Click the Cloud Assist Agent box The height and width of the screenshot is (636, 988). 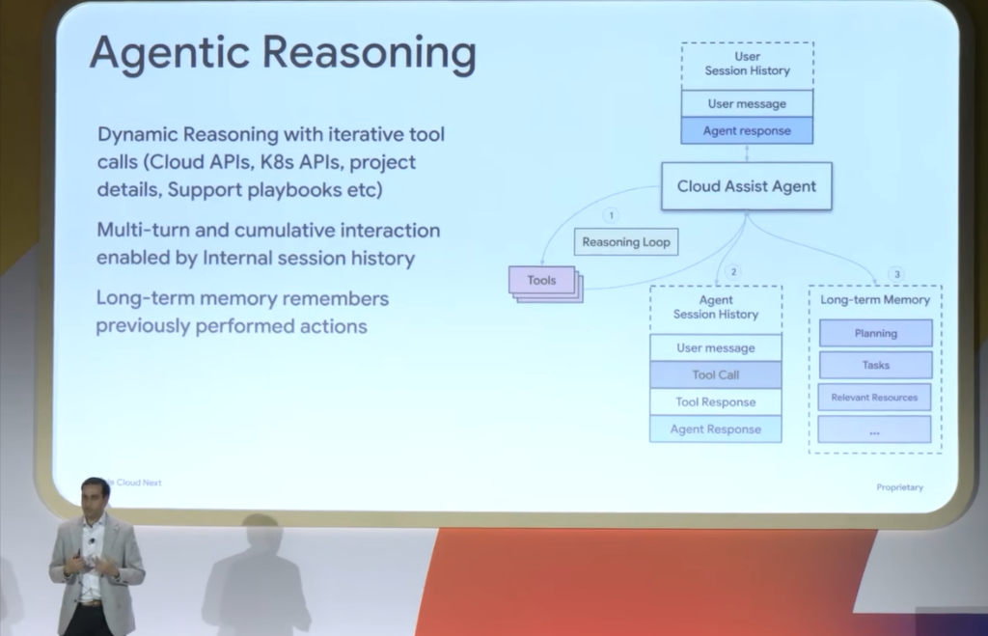pyautogui.click(x=746, y=186)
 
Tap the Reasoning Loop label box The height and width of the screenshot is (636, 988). pyautogui.click(x=625, y=242)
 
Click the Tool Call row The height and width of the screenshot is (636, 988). pyautogui.click(x=715, y=374)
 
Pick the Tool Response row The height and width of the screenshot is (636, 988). pyautogui.click(x=715, y=401)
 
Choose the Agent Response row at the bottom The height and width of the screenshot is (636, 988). pyautogui.click(x=715, y=429)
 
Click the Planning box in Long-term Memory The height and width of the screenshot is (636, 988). pyautogui.click(x=875, y=333)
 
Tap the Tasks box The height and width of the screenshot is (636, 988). pyautogui.click(x=875, y=365)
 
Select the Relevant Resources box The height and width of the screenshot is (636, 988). pyautogui.click(x=874, y=397)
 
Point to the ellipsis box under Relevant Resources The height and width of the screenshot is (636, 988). pyautogui.click(x=874, y=429)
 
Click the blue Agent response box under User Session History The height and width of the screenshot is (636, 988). pyautogui.click(x=747, y=130)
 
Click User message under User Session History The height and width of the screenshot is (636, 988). pyautogui.click(x=747, y=103)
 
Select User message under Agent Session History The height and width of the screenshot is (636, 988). pyautogui.click(x=715, y=347)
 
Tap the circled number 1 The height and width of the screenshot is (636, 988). pyautogui.click(x=611, y=215)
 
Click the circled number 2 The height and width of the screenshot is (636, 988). pyautogui.click(x=733, y=272)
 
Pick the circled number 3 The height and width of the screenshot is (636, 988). pyautogui.click(x=897, y=274)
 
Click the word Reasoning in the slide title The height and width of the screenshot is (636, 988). pyautogui.click(x=369, y=54)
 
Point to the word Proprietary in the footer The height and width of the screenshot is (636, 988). pyautogui.click(x=899, y=487)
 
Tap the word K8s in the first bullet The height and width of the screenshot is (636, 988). pyautogui.click(x=277, y=162)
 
